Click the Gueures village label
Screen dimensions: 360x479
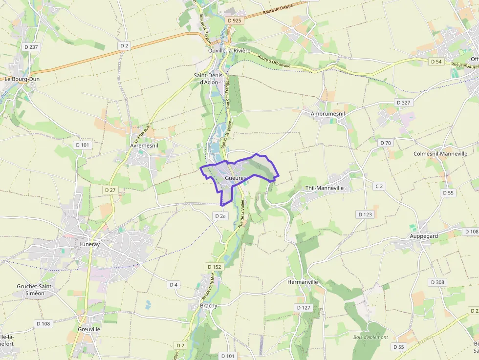click(235, 178)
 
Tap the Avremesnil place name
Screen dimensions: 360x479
click(144, 146)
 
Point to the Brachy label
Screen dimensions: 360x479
click(209, 305)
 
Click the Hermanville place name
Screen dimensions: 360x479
click(303, 282)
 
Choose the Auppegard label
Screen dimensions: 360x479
click(423, 235)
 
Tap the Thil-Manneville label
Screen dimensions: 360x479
click(325, 188)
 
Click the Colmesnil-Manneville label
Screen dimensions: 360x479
click(440, 153)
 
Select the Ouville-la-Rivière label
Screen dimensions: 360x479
click(229, 51)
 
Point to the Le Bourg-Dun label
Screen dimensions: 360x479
click(22, 79)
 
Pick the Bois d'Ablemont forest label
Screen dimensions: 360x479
click(370, 337)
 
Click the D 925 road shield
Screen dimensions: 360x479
click(235, 20)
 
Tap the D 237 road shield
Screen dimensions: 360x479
click(31, 47)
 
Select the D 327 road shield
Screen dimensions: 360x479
click(404, 103)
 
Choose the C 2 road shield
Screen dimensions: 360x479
click(379, 186)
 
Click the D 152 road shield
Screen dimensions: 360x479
click(215, 267)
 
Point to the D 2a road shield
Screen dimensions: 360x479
click(220, 215)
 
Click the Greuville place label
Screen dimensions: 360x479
click(89, 329)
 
